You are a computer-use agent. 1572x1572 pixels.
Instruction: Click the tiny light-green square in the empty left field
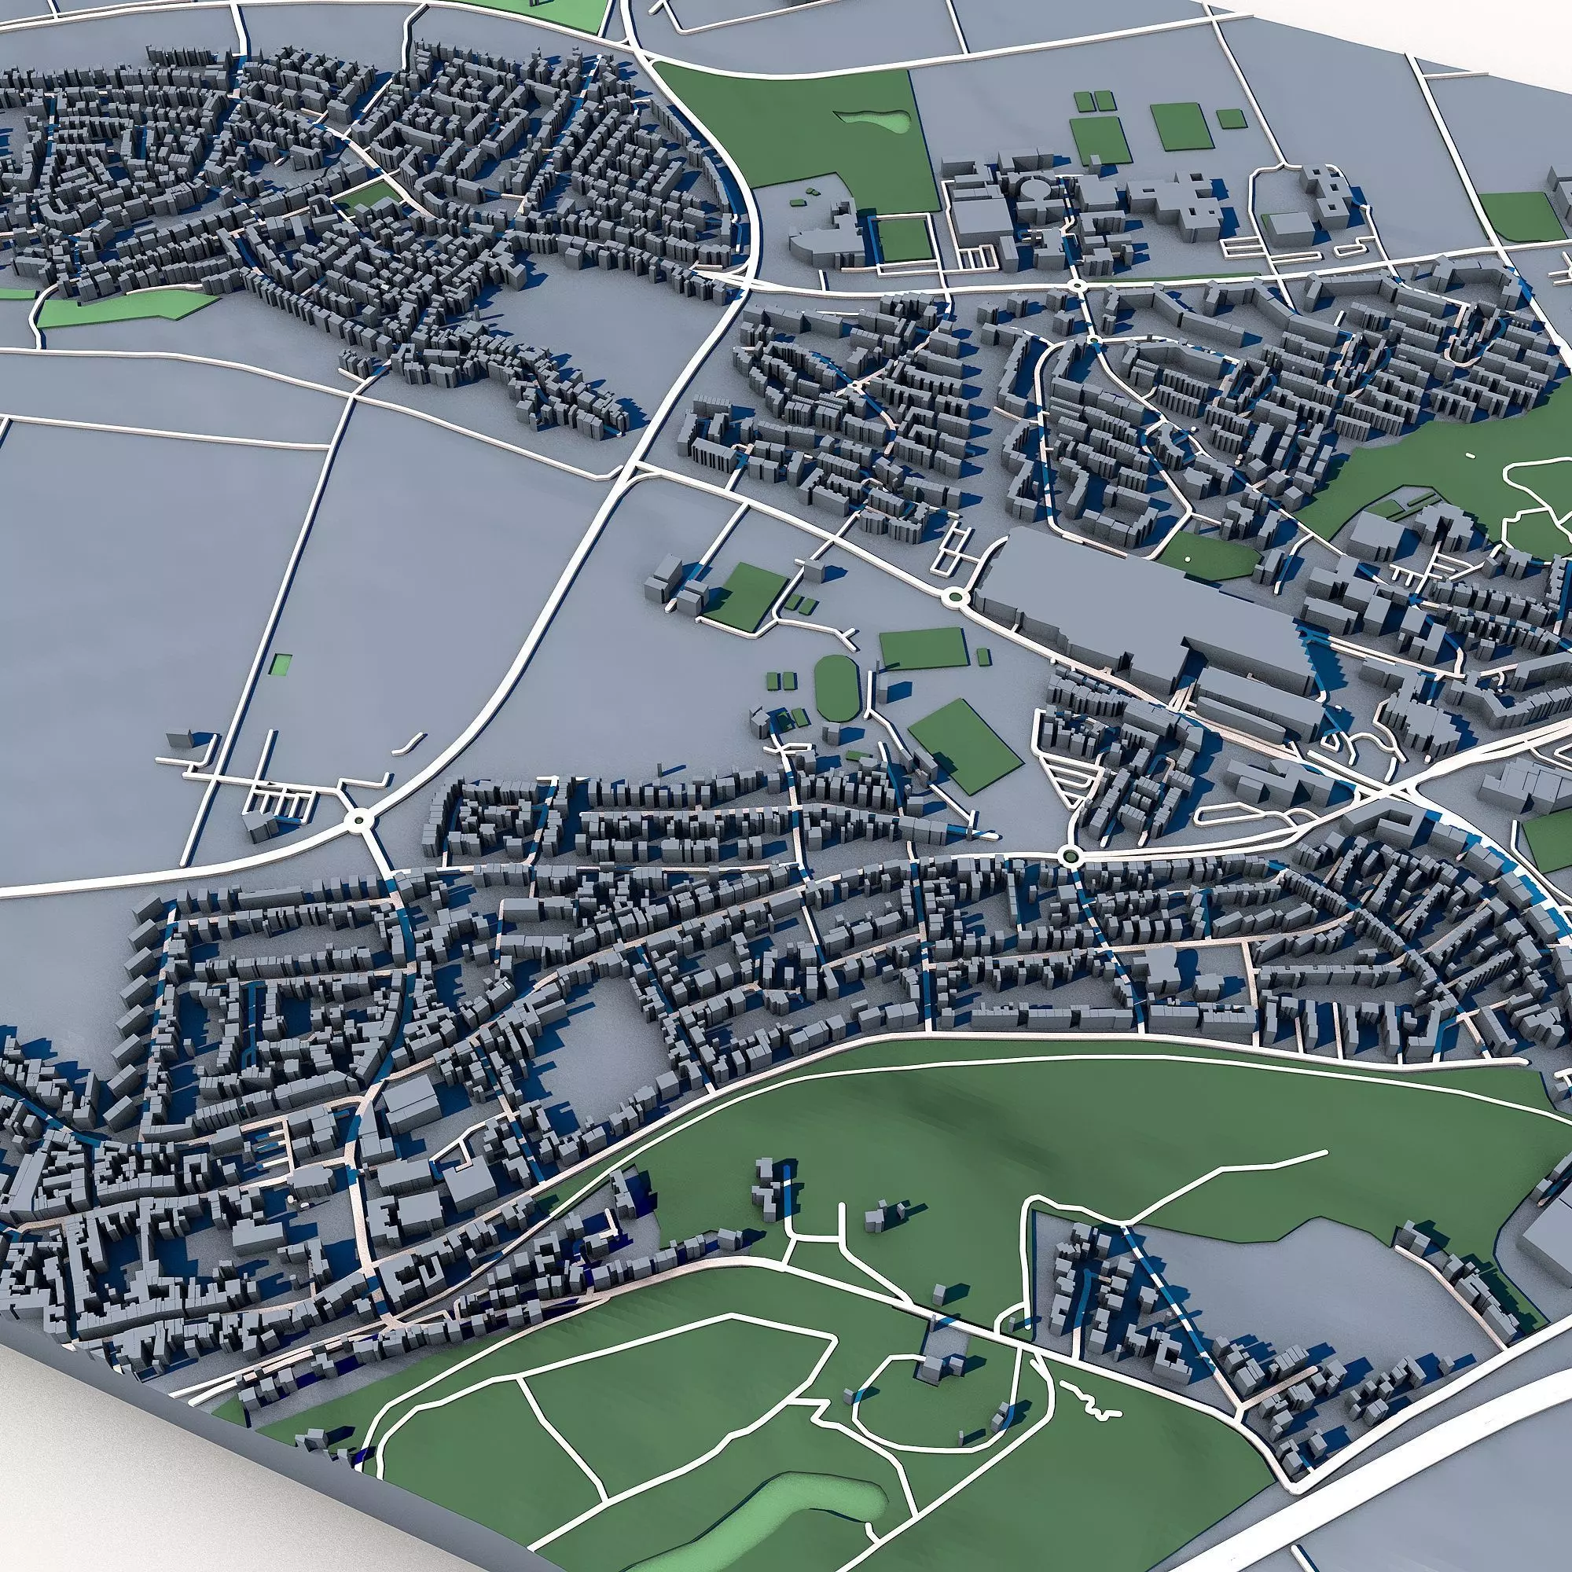[x=281, y=664]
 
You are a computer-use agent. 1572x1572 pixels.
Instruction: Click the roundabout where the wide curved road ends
[x=358, y=822]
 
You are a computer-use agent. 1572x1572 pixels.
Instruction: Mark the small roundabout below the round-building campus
[x=1077, y=285]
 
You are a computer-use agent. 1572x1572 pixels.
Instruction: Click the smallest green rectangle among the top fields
[x=1230, y=119]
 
